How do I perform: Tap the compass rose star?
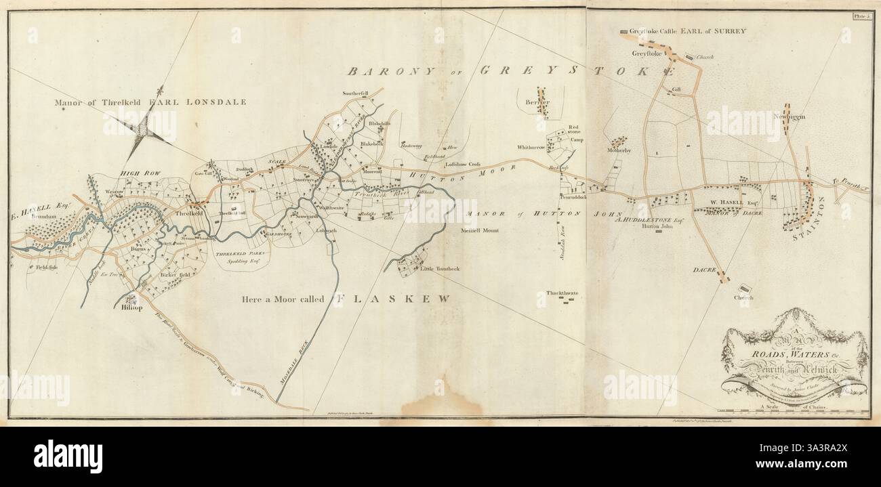(144, 127)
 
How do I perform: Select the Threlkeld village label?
(190, 213)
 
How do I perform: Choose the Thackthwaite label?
(562, 293)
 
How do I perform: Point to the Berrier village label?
(537, 102)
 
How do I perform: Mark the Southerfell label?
(354, 93)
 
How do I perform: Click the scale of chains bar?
(793, 410)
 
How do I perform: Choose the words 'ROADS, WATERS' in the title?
(792, 352)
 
